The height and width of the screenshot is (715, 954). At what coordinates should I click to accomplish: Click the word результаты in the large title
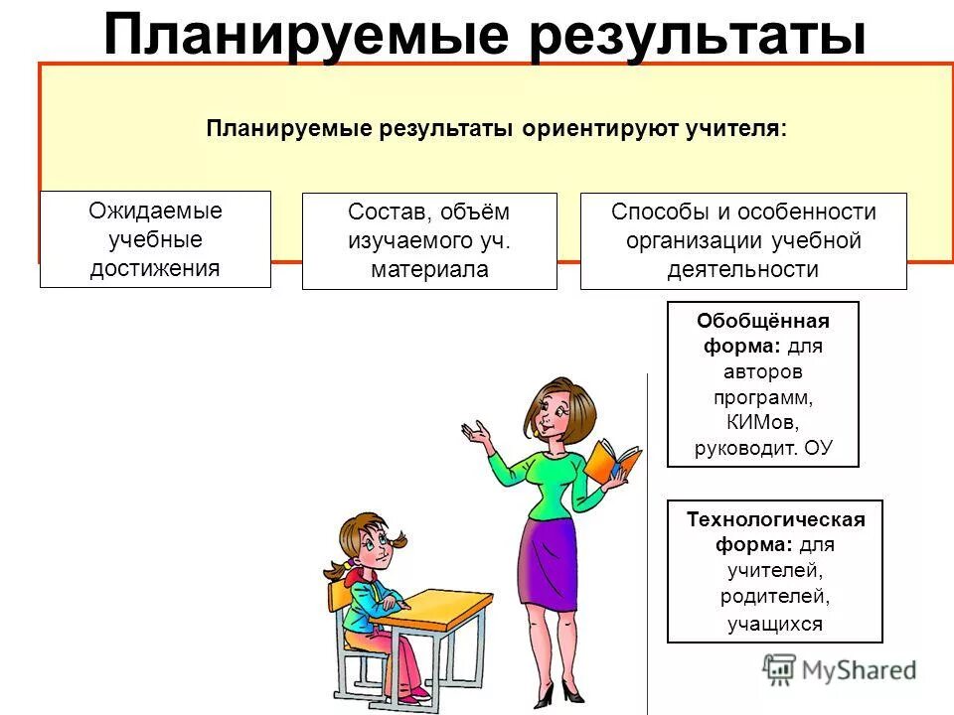[x=692, y=36]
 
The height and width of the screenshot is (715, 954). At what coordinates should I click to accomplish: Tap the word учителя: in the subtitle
[x=734, y=130]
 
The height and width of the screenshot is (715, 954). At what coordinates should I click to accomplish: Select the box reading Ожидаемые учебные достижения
[x=155, y=239]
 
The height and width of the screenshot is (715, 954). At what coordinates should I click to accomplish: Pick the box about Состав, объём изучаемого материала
[x=429, y=241]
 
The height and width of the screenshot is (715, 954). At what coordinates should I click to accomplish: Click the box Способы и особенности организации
[x=743, y=241]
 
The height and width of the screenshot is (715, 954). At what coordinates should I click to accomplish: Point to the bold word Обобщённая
[x=763, y=321]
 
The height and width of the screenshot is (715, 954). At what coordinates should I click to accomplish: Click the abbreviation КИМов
[x=763, y=422]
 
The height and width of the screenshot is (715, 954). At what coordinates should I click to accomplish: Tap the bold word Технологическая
[x=776, y=519]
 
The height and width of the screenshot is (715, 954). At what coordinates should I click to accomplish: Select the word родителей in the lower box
[x=775, y=597]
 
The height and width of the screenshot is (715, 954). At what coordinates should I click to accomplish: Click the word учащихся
[x=775, y=624]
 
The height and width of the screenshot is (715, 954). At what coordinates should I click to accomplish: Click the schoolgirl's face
[x=371, y=546]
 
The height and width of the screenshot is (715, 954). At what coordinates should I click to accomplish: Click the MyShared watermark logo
[x=839, y=669]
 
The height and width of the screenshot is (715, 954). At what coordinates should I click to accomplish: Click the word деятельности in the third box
[x=743, y=269]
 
